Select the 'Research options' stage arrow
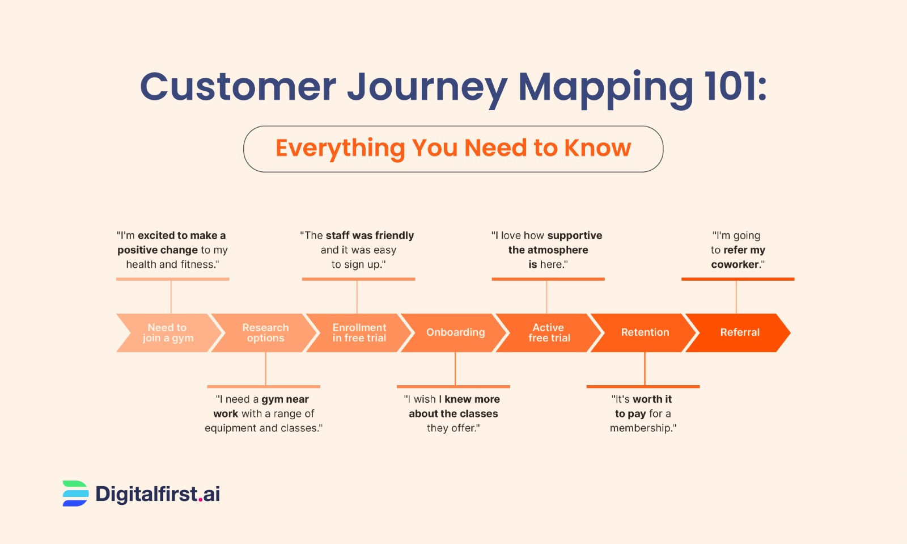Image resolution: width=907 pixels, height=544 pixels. pyautogui.click(x=265, y=333)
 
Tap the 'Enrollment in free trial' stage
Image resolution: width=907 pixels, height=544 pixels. pyautogui.click(x=359, y=333)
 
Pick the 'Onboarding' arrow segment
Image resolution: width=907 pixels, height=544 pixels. pyautogui.click(x=455, y=333)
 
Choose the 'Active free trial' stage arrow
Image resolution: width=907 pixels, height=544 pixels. pyautogui.click(x=549, y=333)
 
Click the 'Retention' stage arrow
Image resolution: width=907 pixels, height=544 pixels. pyautogui.click(x=645, y=333)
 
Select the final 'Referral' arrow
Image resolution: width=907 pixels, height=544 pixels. pyautogui.click(x=739, y=333)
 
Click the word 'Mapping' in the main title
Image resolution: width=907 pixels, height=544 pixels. pyautogui.click(x=605, y=88)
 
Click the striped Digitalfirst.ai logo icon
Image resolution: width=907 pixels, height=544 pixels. pyautogui.click(x=75, y=494)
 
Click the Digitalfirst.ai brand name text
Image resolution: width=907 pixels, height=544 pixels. pyautogui.click(x=158, y=494)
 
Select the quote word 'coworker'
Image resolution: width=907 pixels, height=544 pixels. pyautogui.click(x=735, y=265)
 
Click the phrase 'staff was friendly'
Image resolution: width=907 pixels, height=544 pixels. pyautogui.click(x=370, y=235)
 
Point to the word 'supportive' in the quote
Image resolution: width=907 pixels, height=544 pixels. pyautogui.click(x=575, y=235)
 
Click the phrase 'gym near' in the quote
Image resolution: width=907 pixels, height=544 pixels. pyautogui.click(x=285, y=399)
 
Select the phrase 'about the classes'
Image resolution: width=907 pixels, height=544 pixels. pyautogui.click(x=453, y=414)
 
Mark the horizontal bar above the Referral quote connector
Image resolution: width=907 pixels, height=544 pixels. pyautogui.click(x=738, y=279)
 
